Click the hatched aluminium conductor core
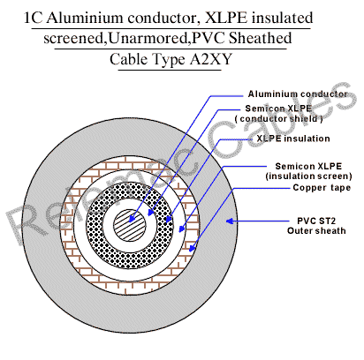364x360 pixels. point(130,225)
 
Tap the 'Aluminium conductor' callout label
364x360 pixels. point(298,94)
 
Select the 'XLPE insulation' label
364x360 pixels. point(293,139)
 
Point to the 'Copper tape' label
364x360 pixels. point(322,188)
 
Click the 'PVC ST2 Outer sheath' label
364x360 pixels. point(316,226)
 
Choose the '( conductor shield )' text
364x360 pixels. point(278,119)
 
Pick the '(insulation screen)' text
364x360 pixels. point(308,176)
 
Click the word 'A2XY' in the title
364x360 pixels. point(211,59)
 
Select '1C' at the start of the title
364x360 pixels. point(33,18)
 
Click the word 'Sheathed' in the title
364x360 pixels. point(260,38)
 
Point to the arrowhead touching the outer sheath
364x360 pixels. point(230,221)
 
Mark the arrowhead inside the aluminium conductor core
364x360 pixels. point(133,218)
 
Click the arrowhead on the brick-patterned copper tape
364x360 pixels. point(192,248)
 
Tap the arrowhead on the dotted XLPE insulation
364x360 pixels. point(169,219)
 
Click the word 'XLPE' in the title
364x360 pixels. point(226,18)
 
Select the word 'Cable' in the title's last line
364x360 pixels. point(128,59)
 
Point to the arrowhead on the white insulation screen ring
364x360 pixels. point(182,229)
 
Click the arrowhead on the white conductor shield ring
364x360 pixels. point(150,213)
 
